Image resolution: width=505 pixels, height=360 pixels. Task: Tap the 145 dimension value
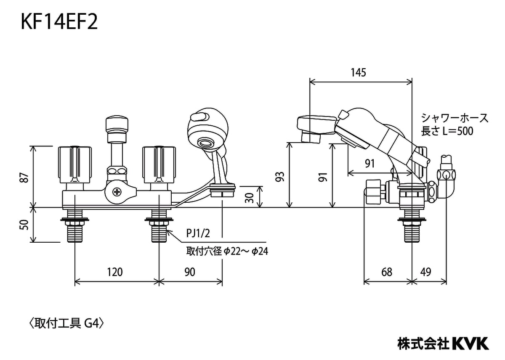tap(359, 72)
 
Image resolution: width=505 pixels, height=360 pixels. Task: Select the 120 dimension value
tap(115, 272)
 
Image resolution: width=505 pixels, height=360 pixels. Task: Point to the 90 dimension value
tap(190, 272)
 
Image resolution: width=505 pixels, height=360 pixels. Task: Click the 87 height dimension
tap(24, 177)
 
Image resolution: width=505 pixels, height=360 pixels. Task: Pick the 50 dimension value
tap(24, 225)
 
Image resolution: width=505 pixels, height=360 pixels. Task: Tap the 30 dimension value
tap(249, 198)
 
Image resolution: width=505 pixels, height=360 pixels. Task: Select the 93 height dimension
tap(280, 177)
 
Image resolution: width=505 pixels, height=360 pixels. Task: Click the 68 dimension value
tap(387, 272)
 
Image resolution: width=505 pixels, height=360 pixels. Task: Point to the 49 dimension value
tap(425, 272)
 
